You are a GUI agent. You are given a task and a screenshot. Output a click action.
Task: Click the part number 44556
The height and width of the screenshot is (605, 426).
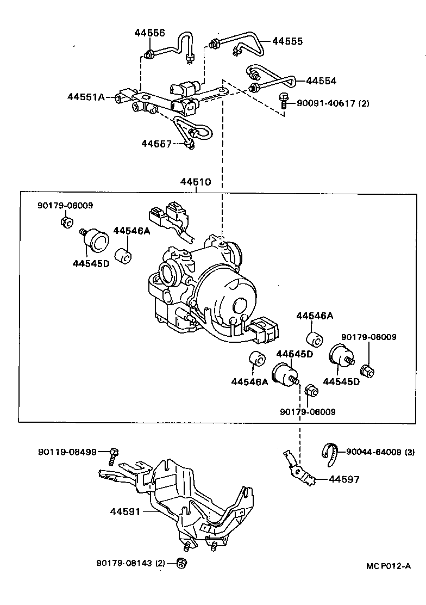pyautogui.click(x=150, y=33)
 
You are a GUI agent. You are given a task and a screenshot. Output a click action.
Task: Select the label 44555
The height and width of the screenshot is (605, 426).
pyautogui.click(x=287, y=41)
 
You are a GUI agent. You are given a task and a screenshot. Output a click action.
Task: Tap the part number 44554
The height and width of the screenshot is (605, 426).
pyautogui.click(x=321, y=81)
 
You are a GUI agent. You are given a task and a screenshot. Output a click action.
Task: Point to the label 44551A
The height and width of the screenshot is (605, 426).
pyautogui.click(x=86, y=97)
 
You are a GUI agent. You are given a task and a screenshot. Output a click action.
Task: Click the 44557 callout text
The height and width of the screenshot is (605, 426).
pyautogui.click(x=156, y=144)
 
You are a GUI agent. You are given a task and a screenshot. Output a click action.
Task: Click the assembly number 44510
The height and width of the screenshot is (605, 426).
pyautogui.click(x=196, y=182)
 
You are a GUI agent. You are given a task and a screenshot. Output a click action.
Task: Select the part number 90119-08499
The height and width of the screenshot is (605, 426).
pyautogui.click(x=67, y=452)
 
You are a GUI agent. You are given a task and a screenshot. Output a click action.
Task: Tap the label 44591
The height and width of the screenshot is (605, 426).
pyautogui.click(x=126, y=512)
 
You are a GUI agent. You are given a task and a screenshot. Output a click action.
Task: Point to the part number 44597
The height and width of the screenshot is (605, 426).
pyautogui.click(x=344, y=480)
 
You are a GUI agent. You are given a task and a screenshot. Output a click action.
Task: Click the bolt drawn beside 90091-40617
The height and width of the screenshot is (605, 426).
pyautogui.click(x=283, y=101)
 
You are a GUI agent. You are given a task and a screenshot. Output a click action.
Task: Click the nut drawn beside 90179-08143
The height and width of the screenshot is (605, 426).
pyautogui.click(x=183, y=563)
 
